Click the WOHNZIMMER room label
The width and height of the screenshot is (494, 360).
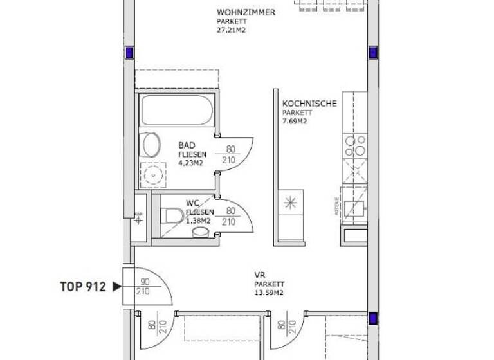tap(246, 13)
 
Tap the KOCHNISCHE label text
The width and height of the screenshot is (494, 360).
tap(309, 104)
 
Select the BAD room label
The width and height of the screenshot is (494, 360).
tap(187, 146)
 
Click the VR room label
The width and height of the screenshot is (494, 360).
tap(259, 275)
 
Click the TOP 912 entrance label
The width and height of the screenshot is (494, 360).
tap(82, 287)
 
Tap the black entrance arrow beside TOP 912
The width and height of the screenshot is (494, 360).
tap(116, 287)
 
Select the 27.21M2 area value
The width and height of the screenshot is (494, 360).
tap(232, 29)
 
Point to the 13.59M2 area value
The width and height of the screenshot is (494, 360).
tap(268, 292)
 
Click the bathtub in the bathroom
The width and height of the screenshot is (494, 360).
tap(177, 110)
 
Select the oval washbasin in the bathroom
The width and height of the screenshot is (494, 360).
tap(152, 144)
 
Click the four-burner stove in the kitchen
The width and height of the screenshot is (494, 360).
tap(355, 147)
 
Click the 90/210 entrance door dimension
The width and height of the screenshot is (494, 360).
tap(143, 287)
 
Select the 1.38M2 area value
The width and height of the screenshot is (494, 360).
tap(197, 221)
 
